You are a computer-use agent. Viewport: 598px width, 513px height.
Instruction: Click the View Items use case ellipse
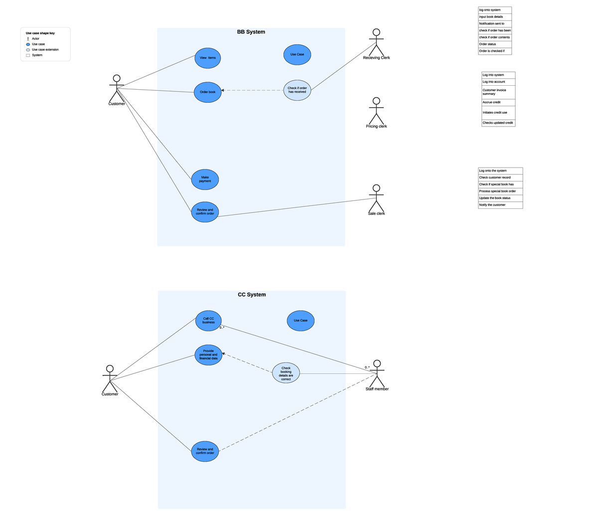pos(207,58)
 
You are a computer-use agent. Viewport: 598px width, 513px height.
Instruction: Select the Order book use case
pos(207,92)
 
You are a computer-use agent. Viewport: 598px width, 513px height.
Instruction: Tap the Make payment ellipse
pos(205,179)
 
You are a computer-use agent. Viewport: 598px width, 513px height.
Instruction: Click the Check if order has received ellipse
pos(297,90)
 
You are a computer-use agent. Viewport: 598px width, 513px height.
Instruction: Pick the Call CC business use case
pos(208,321)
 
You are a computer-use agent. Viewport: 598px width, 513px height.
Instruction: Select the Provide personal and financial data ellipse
pos(208,355)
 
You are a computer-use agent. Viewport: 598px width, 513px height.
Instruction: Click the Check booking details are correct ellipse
pos(286,373)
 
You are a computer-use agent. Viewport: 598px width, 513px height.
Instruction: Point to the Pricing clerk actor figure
pos(376,111)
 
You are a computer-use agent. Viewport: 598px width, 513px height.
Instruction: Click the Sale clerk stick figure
pos(376,198)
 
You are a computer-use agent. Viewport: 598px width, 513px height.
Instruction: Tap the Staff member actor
pos(377,373)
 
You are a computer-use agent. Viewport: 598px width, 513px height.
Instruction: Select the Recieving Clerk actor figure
pos(376,42)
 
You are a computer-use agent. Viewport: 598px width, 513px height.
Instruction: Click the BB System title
pos(251,32)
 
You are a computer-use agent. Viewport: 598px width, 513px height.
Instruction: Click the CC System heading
pos(252,295)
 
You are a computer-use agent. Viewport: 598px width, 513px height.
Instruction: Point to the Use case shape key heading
pos(40,33)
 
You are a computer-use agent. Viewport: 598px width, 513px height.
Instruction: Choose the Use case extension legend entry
pos(45,50)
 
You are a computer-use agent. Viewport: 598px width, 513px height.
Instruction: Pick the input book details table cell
pos(494,17)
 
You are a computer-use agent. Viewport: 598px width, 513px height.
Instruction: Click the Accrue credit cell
pos(498,102)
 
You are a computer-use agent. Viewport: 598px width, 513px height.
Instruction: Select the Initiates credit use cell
pos(498,113)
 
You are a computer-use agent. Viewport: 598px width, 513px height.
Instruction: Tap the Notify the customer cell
pos(500,205)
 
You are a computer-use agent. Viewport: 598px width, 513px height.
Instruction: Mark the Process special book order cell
pos(500,191)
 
